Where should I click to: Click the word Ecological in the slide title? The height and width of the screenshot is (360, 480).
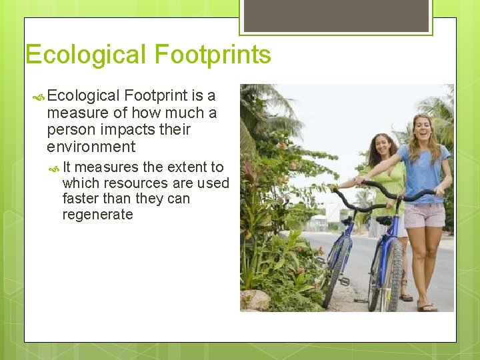[x=86, y=55]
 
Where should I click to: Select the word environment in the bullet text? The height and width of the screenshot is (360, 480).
[x=91, y=147]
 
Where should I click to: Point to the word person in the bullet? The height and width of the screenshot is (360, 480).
[x=69, y=130]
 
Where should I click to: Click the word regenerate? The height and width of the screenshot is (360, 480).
[x=97, y=215]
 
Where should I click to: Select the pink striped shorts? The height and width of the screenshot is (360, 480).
[x=425, y=215]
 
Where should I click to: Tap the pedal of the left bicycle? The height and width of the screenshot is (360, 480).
[x=344, y=281]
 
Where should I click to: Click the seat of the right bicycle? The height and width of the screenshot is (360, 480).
[x=384, y=219]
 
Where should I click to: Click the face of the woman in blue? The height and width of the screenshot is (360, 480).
[x=423, y=127]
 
